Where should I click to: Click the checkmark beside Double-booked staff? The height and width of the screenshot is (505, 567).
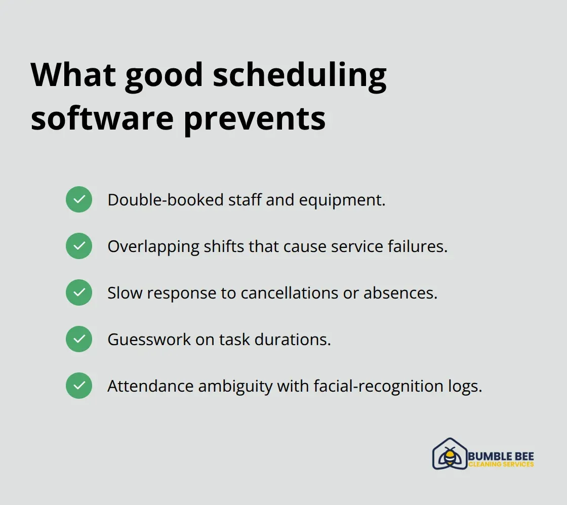coord(79,199)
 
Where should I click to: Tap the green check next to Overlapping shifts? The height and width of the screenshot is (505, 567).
coord(79,246)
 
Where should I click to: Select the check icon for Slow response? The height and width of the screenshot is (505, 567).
coord(79,292)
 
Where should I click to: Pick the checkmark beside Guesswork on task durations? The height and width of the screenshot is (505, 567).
coord(79,339)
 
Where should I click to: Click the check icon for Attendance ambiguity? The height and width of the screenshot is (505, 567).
coord(79,386)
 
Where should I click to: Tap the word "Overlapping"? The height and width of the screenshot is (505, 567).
coord(153,246)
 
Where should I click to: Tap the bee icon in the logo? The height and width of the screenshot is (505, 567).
coord(449,456)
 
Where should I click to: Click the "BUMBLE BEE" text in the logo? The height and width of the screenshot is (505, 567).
coord(501,456)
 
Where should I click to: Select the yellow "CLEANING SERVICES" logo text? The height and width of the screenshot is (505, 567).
coord(501,465)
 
